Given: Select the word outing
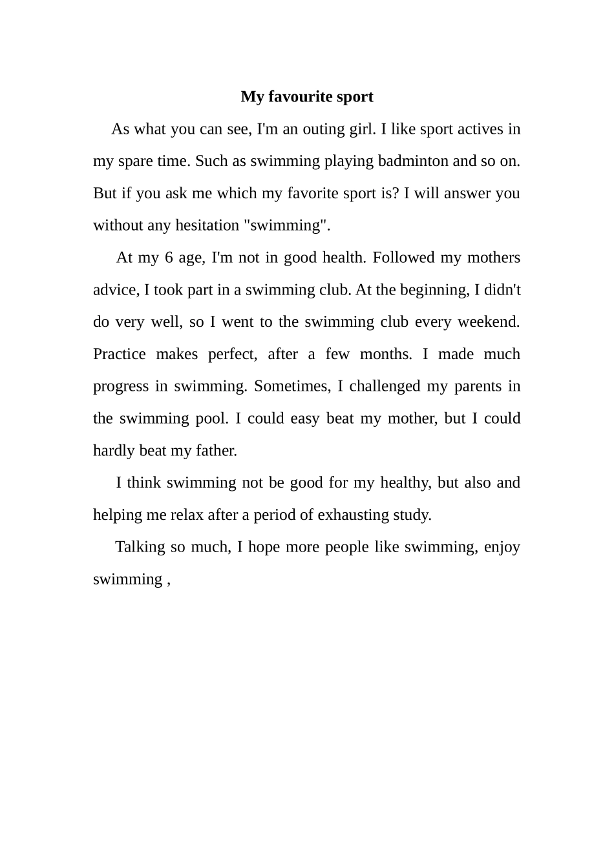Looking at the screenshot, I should [324, 129].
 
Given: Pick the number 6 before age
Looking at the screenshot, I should [169, 258].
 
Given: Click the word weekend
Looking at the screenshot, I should [492, 322].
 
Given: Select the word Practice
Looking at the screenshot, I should [120, 354].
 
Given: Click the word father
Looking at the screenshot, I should [217, 451].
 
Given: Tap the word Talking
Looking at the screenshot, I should [140, 547].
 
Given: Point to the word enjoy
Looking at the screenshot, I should [502, 547].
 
